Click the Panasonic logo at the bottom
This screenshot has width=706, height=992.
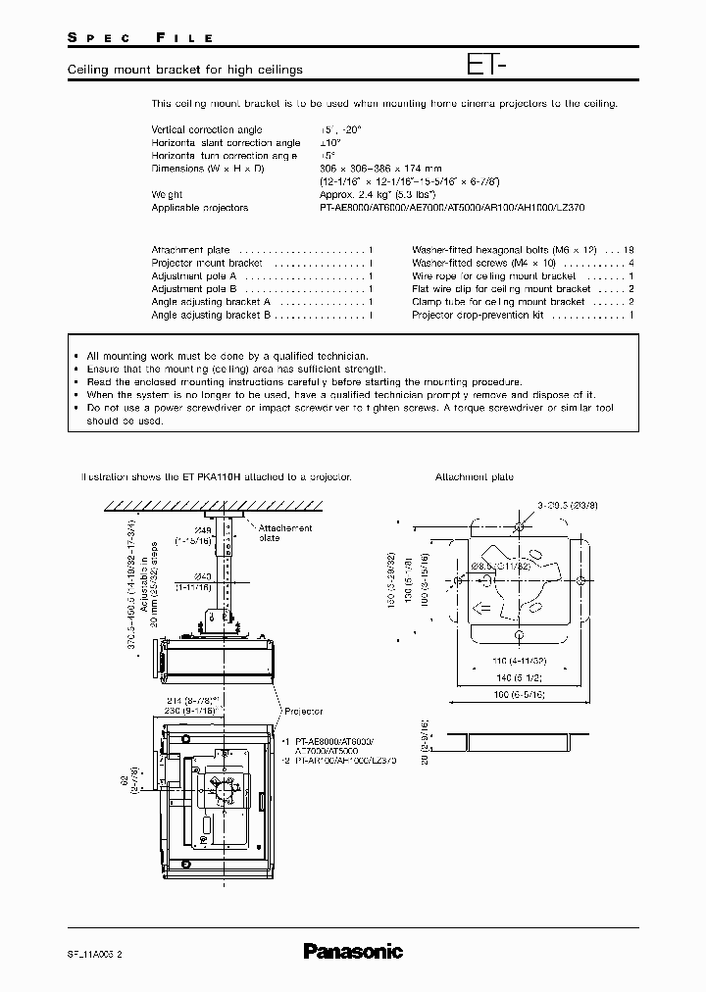(352, 950)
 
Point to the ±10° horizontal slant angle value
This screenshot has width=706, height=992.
(332, 143)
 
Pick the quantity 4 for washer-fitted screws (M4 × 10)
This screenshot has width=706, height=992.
(630, 264)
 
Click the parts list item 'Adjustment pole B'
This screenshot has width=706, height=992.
(194, 289)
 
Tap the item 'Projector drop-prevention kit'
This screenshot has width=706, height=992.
(478, 316)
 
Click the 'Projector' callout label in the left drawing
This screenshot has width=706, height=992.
(304, 713)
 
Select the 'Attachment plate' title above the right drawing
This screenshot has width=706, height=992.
(475, 477)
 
